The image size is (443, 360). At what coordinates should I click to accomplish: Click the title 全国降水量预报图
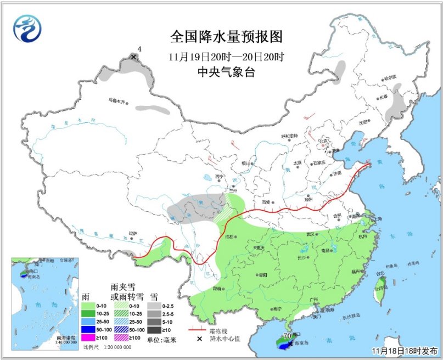[x=226, y=37]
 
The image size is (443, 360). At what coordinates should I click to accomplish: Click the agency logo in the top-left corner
[x=27, y=29]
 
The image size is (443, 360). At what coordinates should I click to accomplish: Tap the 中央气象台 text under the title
[x=226, y=72]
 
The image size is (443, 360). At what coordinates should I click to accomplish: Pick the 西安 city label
[x=267, y=202]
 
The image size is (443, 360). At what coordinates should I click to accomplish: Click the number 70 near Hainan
[x=286, y=335]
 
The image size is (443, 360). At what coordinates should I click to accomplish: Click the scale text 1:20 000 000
[x=115, y=347]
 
